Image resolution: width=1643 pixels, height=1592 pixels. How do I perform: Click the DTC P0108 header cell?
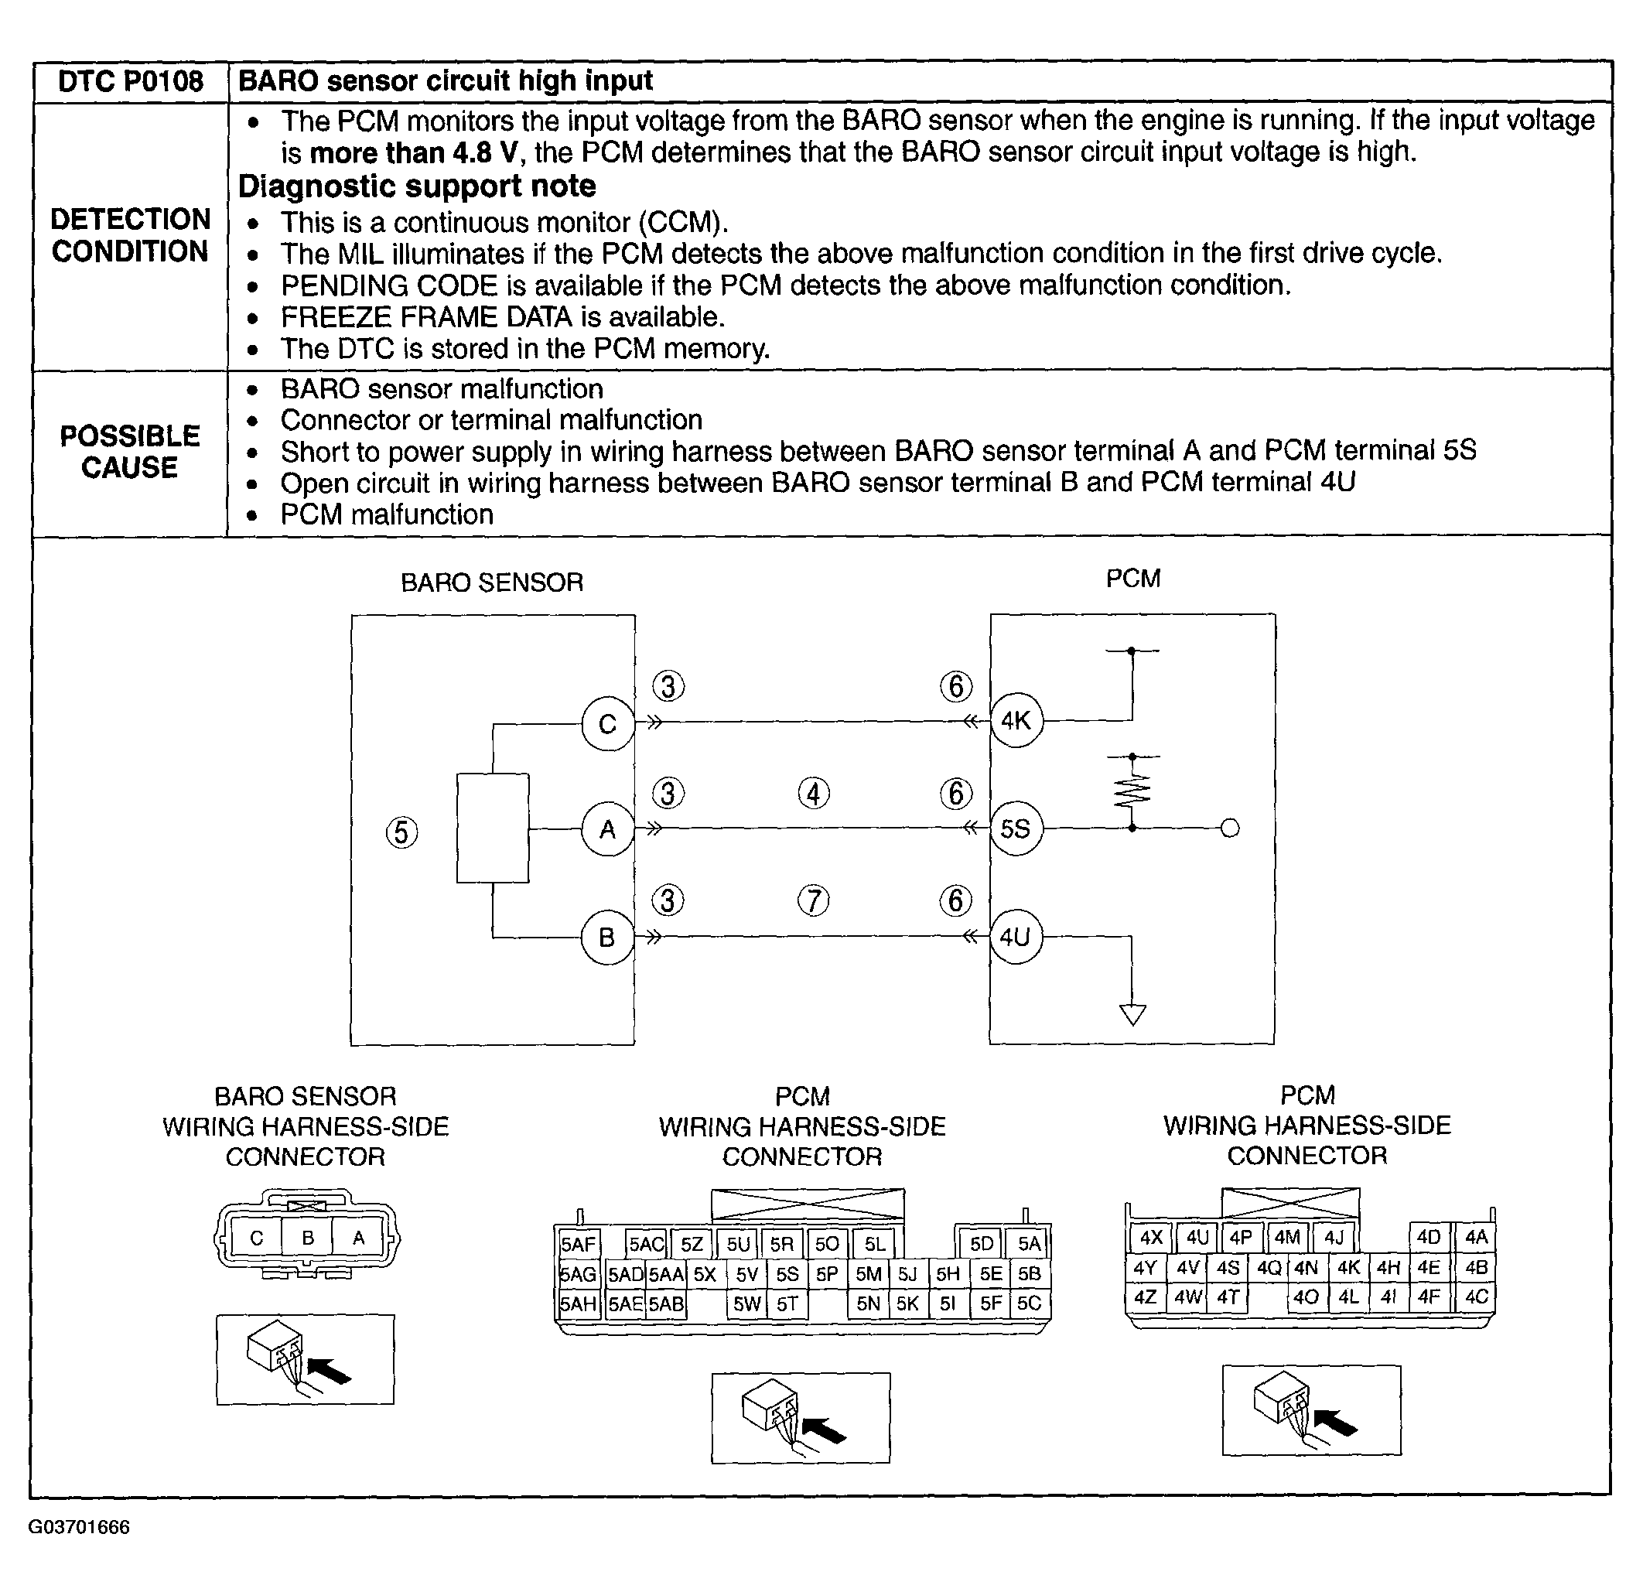[x=131, y=81]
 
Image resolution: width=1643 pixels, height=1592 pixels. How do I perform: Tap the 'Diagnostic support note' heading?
[x=417, y=186]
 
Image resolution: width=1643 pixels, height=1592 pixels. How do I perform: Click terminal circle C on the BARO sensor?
[x=608, y=723]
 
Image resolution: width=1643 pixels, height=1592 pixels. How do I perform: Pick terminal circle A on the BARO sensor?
[x=608, y=829]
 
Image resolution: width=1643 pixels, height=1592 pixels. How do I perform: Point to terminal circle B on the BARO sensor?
[x=607, y=938]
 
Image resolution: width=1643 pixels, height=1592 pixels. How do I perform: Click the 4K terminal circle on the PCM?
[x=1016, y=720]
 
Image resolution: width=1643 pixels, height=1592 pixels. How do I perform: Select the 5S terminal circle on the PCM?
[x=1016, y=829]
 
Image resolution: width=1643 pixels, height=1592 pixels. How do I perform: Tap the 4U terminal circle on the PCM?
[x=1015, y=937]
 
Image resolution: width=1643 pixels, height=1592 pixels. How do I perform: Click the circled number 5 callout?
[x=401, y=832]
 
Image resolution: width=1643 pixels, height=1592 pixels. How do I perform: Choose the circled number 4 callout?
[x=813, y=793]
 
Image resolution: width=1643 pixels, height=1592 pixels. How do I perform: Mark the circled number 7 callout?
[x=813, y=900]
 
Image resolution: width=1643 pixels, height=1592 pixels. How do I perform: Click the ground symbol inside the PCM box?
[x=1132, y=1014]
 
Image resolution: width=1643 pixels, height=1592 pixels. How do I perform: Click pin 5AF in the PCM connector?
[x=578, y=1244]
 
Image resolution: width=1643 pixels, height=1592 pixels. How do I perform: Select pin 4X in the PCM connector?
[x=1151, y=1238]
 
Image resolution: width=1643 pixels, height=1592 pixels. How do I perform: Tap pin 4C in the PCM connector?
[x=1476, y=1297]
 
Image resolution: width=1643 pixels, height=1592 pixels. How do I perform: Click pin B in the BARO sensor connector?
[x=308, y=1238]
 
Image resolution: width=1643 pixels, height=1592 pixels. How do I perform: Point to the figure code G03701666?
[x=80, y=1526]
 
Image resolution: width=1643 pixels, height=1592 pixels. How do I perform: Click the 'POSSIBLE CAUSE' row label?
[x=130, y=452]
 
